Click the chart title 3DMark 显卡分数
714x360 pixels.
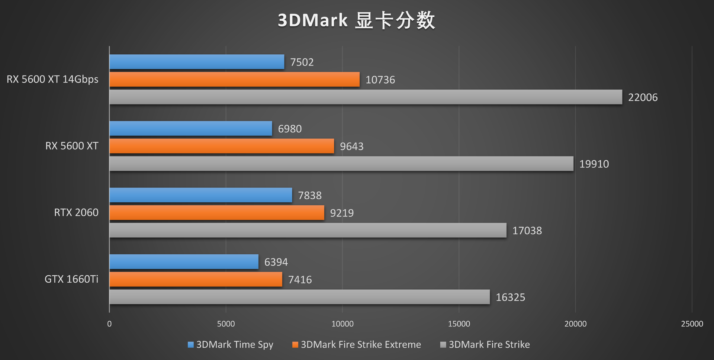pos(356,20)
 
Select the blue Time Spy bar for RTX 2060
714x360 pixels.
pos(201,195)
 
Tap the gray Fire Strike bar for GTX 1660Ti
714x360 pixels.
pos(299,297)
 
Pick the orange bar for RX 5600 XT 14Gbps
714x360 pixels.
pos(234,79)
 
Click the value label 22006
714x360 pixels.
pos(643,97)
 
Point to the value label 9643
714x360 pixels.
pos(351,146)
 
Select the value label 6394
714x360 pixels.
pos(276,262)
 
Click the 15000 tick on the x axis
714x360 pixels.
pos(459,324)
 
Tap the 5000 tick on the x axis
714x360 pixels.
pos(226,324)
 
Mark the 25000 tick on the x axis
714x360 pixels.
pos(692,324)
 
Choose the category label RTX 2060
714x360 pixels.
pos(76,212)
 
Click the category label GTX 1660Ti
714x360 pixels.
pos(71,279)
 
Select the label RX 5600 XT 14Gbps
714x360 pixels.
pos(52,79)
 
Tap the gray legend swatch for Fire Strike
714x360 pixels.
pos(443,345)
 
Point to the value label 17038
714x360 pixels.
pos(527,231)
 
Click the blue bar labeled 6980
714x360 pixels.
pos(190,128)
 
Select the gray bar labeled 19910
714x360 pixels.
pos(341,164)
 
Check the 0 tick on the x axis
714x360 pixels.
pos(109,324)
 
